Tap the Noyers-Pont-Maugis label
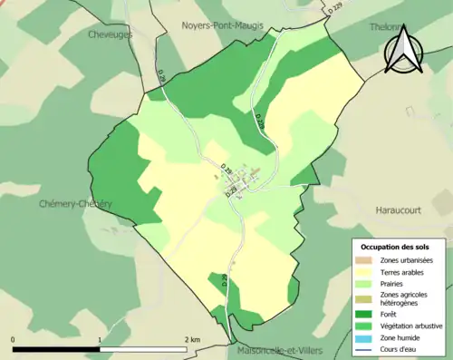click(222, 25)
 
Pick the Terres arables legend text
click(404, 271)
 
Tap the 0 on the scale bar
click(14, 339)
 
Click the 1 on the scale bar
click(99, 339)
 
